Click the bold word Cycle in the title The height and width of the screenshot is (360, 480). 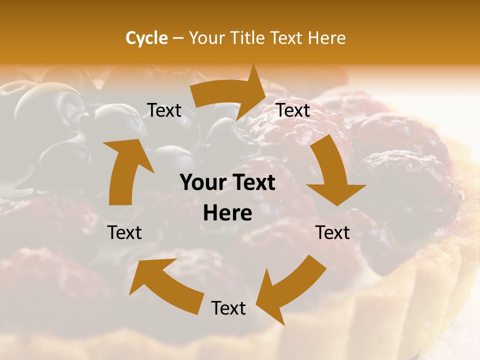pyautogui.click(x=146, y=38)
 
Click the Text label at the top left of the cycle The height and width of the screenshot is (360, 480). pyautogui.click(x=164, y=110)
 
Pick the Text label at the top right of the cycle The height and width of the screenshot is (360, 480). pyautogui.click(x=293, y=110)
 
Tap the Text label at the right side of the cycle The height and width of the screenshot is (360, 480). pyautogui.click(x=332, y=232)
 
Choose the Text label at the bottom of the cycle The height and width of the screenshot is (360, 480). pyautogui.click(x=228, y=308)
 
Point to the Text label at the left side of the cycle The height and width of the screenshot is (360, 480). pyautogui.click(x=124, y=232)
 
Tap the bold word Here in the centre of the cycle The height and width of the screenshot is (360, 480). pyautogui.click(x=227, y=213)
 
